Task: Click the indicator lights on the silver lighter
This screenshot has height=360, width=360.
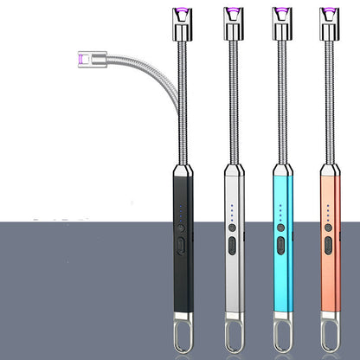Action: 231,212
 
